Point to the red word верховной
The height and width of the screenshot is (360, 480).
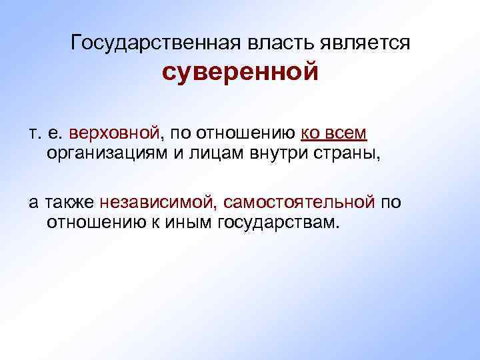click(115, 133)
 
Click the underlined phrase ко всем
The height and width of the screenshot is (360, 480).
click(334, 133)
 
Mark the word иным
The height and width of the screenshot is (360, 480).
click(189, 222)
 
